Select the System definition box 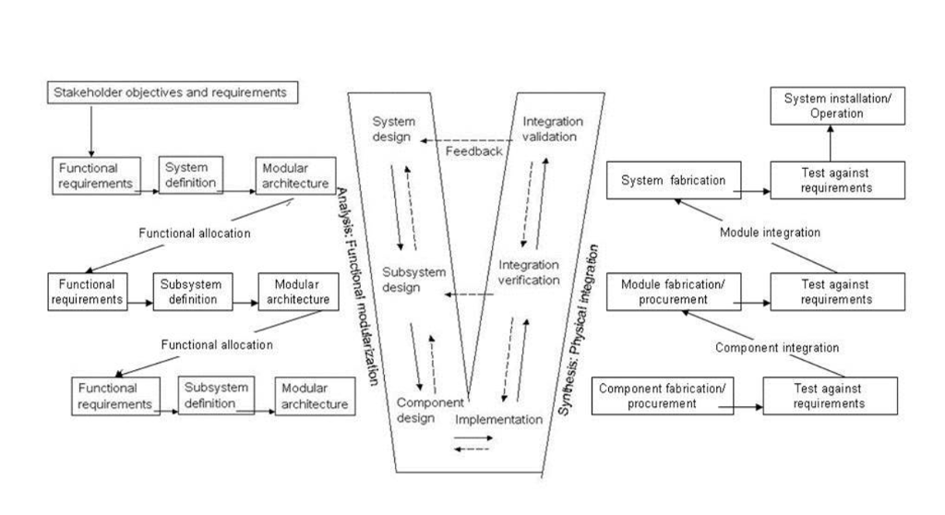coord(191,174)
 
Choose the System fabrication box coord(673,179)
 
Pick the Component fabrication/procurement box coord(664,395)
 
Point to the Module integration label coord(770,232)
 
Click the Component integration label coord(777,348)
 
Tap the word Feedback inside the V coord(473,151)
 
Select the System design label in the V coord(394,130)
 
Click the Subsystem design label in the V coord(414,280)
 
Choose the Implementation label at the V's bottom coord(498,420)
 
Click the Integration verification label coord(530,273)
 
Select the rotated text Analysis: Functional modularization coord(357,286)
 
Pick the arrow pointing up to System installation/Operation coord(828,144)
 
